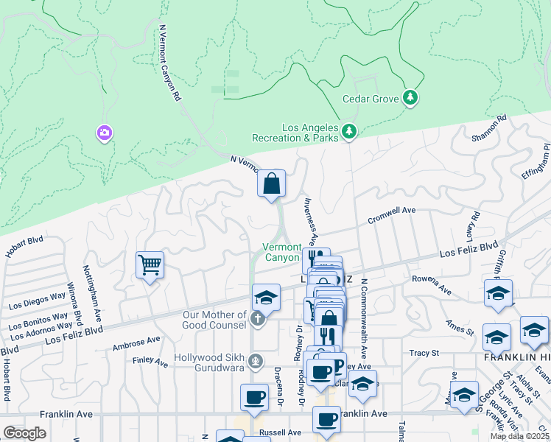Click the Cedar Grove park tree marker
coord(410,98)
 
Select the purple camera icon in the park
coord(104,133)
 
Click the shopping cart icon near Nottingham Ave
coord(150,264)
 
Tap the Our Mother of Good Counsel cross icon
coord(256,319)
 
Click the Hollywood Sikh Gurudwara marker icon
coord(256,360)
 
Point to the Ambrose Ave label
coord(136,343)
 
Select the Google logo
coord(24,432)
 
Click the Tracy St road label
coord(424,353)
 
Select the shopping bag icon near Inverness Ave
coord(271,183)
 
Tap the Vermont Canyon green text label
coord(282,252)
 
